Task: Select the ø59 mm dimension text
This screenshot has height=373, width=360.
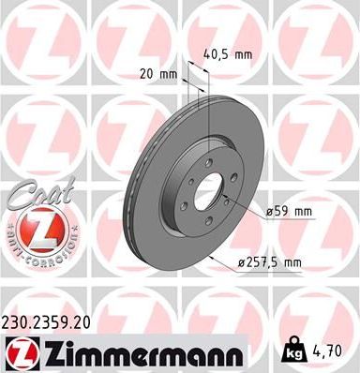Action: point(288,212)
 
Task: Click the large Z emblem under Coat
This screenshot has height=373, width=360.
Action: point(35,229)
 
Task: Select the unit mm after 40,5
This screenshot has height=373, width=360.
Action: point(244,55)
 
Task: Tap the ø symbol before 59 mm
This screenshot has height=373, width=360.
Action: point(268,212)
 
